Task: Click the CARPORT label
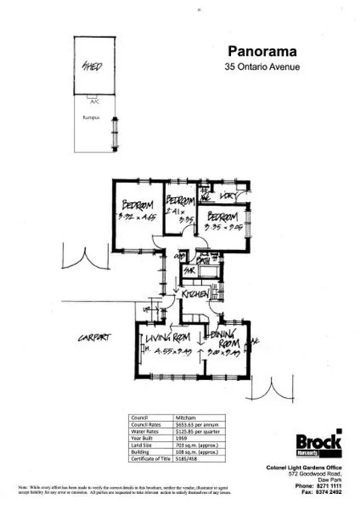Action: tap(94, 338)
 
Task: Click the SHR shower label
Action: tap(191, 271)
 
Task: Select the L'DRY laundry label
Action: tap(227, 195)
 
